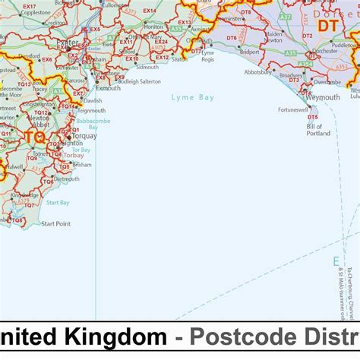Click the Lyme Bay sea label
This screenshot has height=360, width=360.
[x=193, y=97]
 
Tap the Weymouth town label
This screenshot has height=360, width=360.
[x=323, y=98]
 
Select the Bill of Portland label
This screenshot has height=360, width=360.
[x=318, y=130]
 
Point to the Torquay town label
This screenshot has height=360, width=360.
[x=83, y=137]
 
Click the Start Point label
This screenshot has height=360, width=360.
[x=56, y=224]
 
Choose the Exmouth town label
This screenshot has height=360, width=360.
[x=108, y=88]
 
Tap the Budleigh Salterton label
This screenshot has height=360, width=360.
[x=140, y=81]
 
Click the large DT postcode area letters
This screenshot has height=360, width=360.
[x=327, y=26]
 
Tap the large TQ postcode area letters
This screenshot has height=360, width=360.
[x=34, y=137]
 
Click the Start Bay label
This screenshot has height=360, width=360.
[x=58, y=203]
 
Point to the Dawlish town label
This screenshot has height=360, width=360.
[x=93, y=100]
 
